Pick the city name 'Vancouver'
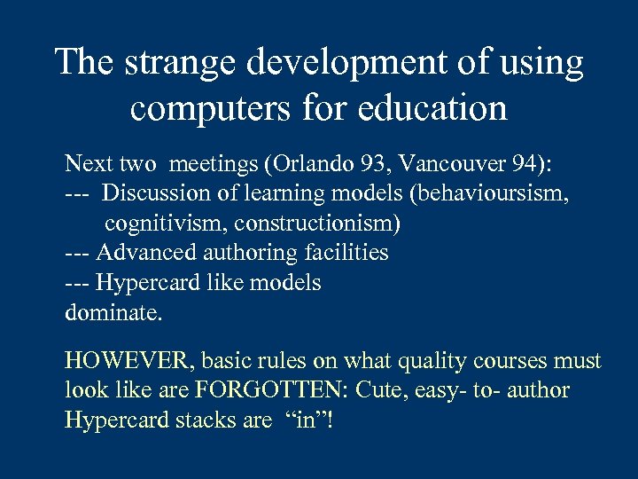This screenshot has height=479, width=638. click(x=445, y=164)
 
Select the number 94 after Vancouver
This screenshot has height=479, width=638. click(x=510, y=164)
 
